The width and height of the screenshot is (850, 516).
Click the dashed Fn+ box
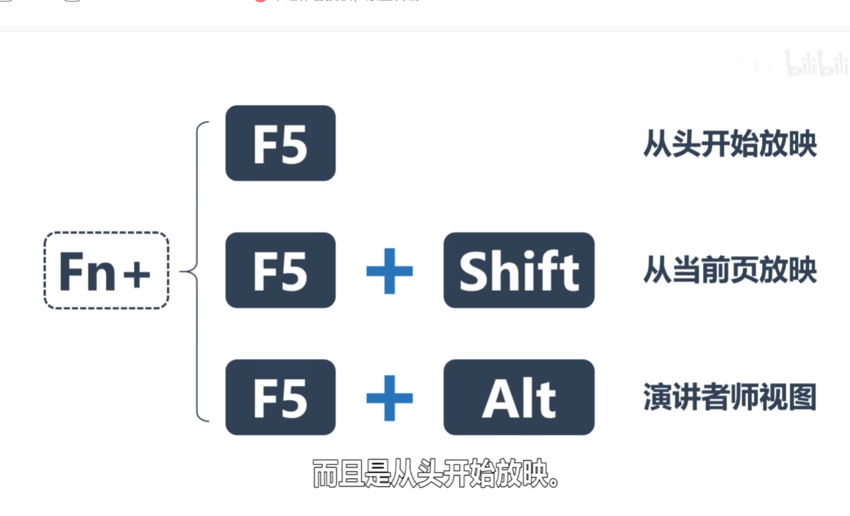106,271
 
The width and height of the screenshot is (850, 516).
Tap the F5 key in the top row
280,143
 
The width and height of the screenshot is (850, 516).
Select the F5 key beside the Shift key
280,271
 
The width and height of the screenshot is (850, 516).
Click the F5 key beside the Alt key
280,397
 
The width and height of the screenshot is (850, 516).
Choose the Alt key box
518,397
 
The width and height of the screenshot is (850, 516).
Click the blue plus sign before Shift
389,271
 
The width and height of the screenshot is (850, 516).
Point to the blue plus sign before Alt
389,397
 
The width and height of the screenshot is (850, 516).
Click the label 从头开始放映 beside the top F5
730,144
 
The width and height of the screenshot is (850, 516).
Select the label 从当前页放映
730,271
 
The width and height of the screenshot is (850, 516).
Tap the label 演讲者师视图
730,397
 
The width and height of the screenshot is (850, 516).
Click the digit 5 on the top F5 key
294,144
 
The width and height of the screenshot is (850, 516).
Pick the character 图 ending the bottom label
802,397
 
